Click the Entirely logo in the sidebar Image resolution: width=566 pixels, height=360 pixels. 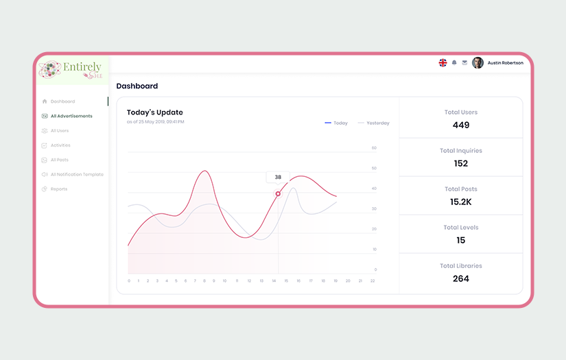(x=72, y=70)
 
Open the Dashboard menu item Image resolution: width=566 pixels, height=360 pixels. (x=62, y=101)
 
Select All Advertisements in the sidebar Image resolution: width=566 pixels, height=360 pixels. (x=71, y=116)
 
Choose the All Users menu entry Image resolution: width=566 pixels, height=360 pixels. (x=60, y=130)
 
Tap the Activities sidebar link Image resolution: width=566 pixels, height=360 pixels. (x=60, y=145)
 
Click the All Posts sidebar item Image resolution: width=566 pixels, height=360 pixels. (x=59, y=160)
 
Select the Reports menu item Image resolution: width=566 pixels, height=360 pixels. (x=59, y=189)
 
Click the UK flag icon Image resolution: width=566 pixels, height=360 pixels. (x=443, y=63)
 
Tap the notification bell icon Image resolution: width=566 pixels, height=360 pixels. (x=454, y=63)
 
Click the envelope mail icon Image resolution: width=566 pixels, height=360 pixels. (x=464, y=63)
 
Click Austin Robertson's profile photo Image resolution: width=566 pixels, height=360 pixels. (x=477, y=63)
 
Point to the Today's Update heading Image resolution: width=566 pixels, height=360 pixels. (x=155, y=112)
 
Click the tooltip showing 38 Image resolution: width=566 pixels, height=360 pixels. (x=278, y=177)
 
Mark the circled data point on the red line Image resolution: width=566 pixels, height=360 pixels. (x=278, y=193)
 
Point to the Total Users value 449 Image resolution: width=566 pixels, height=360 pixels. (x=461, y=125)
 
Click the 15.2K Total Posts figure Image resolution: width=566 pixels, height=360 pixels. (x=461, y=202)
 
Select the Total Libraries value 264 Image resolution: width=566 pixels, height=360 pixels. (x=461, y=278)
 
